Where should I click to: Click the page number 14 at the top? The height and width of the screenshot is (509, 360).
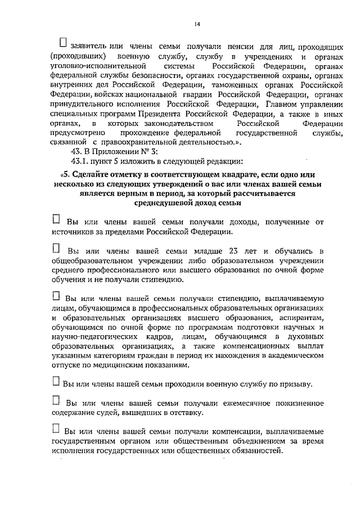click(197, 24)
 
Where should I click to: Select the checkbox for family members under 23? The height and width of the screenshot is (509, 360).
click(56, 247)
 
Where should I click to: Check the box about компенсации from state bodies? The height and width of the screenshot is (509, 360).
click(55, 430)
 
